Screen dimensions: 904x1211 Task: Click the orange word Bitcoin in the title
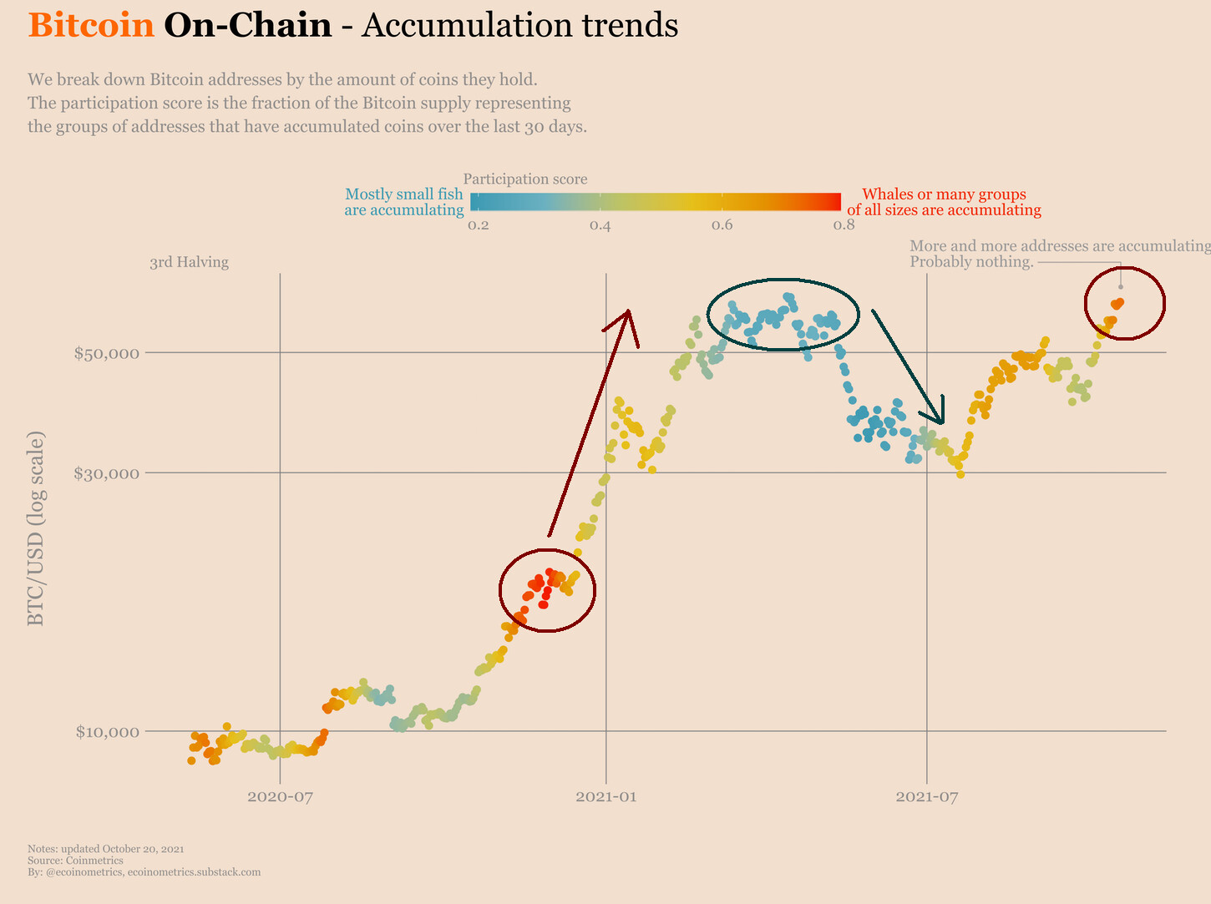(91, 26)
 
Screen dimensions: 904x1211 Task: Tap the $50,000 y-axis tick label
(105, 353)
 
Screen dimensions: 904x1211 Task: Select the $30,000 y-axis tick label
(105, 473)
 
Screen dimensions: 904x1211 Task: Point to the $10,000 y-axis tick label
(105, 732)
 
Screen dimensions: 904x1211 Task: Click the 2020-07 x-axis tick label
(280, 796)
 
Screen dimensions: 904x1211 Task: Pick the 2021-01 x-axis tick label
(606, 796)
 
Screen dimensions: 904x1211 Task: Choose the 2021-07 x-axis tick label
(926, 796)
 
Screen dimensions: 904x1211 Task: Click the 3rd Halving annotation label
(189, 262)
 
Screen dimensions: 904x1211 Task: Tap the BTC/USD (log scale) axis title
(36, 529)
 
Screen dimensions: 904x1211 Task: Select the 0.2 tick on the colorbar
(478, 225)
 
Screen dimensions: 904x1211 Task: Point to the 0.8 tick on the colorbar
(844, 225)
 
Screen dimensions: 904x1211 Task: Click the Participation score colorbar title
(525, 179)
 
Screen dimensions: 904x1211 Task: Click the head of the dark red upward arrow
(628, 313)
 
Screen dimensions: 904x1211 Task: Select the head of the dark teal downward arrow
(941, 422)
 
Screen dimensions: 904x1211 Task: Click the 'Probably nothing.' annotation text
(971, 262)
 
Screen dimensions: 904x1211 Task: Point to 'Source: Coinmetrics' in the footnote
(75, 861)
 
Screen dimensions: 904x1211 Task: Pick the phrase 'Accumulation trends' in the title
(520, 26)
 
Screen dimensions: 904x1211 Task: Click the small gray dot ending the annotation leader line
(1121, 286)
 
